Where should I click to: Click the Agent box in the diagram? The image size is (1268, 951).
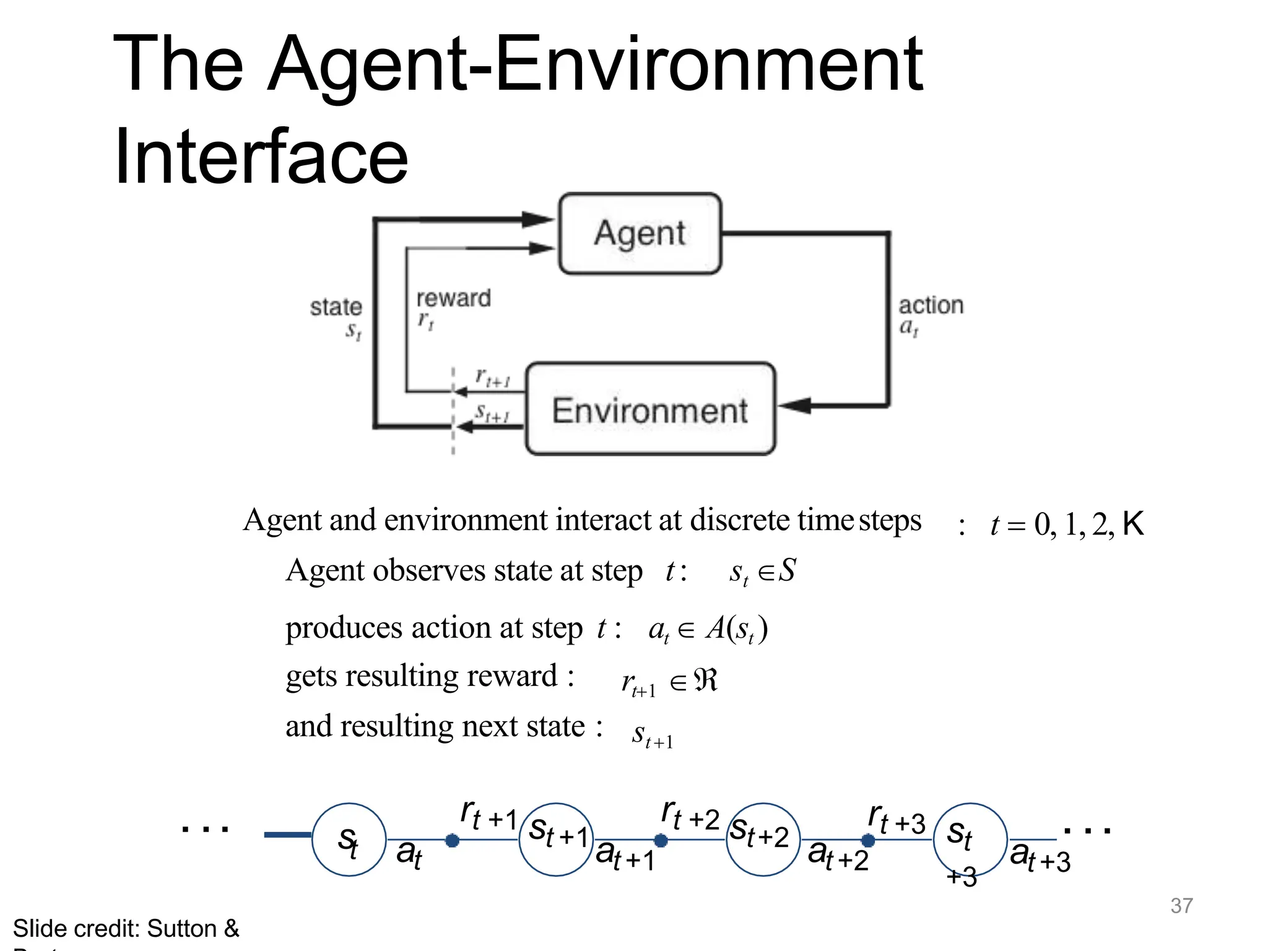640,233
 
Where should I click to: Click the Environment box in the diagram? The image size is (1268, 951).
650,409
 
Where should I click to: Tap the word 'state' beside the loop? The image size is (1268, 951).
336,307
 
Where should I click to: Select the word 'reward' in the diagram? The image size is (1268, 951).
453,298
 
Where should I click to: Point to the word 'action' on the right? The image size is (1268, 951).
931,305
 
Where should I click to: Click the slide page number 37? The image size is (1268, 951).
1181,906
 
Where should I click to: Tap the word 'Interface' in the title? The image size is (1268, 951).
261,156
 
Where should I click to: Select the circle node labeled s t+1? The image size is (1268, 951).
556,840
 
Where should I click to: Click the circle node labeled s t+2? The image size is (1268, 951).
763,840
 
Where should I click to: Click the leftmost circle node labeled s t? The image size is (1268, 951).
349,840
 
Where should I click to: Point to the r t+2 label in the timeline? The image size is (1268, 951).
690,815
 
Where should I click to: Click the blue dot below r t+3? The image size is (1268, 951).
868,841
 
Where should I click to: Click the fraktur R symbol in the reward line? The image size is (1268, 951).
706,680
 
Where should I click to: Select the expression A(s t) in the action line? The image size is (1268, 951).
737,629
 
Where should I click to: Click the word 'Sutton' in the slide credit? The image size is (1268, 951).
181,929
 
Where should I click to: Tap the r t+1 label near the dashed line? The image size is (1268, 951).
493,377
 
